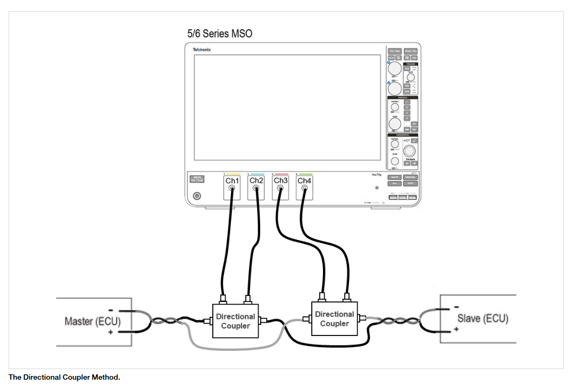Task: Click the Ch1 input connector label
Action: pyautogui.click(x=232, y=181)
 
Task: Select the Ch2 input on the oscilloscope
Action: pyautogui.click(x=256, y=181)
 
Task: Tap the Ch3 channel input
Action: pyautogui.click(x=280, y=181)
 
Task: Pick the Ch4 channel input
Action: pyautogui.click(x=304, y=181)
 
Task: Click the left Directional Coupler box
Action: pyautogui.click(x=235, y=321)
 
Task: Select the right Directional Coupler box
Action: pyautogui.click(x=334, y=318)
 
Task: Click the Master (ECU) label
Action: pyautogui.click(x=93, y=322)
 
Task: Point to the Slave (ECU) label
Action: pyautogui.click(x=483, y=318)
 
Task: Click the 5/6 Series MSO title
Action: pyautogui.click(x=219, y=34)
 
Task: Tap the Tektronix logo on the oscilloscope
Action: pyautogui.click(x=202, y=50)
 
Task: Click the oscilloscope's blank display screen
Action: pyautogui.click(x=287, y=107)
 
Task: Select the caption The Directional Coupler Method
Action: pyautogui.click(x=64, y=378)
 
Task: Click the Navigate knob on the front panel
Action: pyautogui.click(x=409, y=151)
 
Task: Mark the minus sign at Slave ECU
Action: pyautogui.click(x=456, y=307)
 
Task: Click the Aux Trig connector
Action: pyautogui.click(x=377, y=187)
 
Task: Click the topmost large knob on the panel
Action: pyautogui.click(x=395, y=68)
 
